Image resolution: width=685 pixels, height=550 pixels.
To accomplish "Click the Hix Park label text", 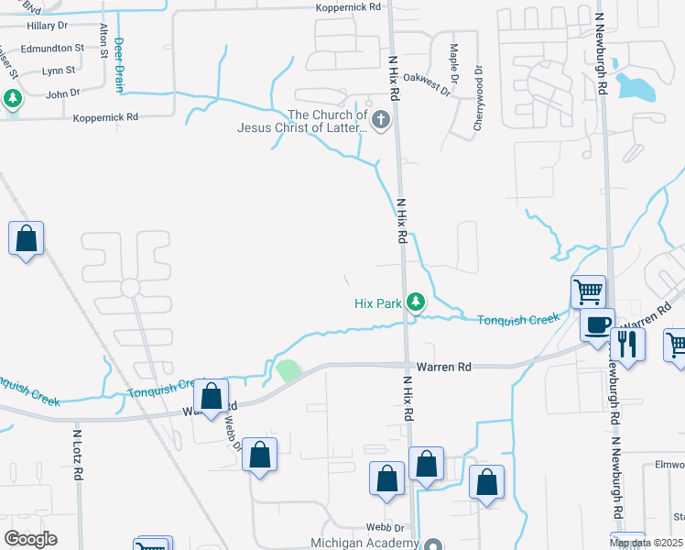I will [x=378, y=303].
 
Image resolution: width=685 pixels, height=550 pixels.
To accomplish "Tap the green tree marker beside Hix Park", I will [x=416, y=301].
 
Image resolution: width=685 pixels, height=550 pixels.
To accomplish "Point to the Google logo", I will [x=31, y=539].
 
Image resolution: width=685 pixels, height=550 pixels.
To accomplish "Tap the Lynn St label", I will [x=58, y=71].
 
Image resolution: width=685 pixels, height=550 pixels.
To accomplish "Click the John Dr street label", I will [x=63, y=93].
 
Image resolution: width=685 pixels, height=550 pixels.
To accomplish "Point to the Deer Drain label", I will [x=119, y=64].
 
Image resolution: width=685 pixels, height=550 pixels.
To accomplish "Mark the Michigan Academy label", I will [x=362, y=543].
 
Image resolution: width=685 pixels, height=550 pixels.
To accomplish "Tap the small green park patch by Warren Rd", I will [x=288, y=371].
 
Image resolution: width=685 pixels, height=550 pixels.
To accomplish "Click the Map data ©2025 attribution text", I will [x=646, y=544].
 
